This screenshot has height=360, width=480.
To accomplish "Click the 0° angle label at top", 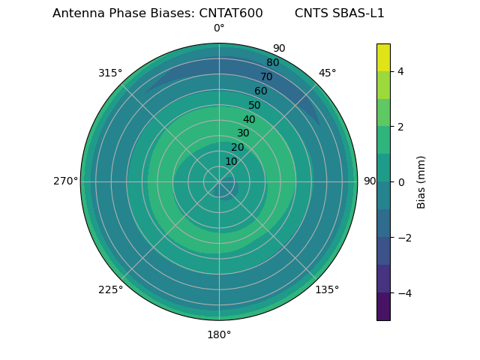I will (219, 28).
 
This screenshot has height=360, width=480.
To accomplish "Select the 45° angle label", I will (327, 73).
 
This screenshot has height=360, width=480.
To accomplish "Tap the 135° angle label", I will (327, 289).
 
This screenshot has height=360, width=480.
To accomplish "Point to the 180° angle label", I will (219, 334).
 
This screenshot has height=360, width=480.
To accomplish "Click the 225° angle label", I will (110, 289).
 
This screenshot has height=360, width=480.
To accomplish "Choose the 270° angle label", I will (66, 181).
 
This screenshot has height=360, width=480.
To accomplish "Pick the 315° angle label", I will (110, 73).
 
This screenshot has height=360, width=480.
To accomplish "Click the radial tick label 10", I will (231, 161).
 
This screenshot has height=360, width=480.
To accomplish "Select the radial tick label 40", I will (249, 119).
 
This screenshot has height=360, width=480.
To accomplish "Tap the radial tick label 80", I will (272, 62).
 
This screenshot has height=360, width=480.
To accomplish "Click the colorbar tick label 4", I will (400, 71).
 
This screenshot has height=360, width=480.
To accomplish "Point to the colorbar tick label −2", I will (403, 238).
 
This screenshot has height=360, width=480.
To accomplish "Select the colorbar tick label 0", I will (400, 182).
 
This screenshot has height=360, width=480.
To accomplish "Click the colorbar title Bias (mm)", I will (421, 182).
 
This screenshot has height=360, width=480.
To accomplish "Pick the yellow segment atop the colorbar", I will (383, 57).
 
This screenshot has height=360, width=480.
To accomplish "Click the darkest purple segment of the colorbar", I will (383, 307).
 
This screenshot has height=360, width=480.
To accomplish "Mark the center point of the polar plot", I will (219, 181).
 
